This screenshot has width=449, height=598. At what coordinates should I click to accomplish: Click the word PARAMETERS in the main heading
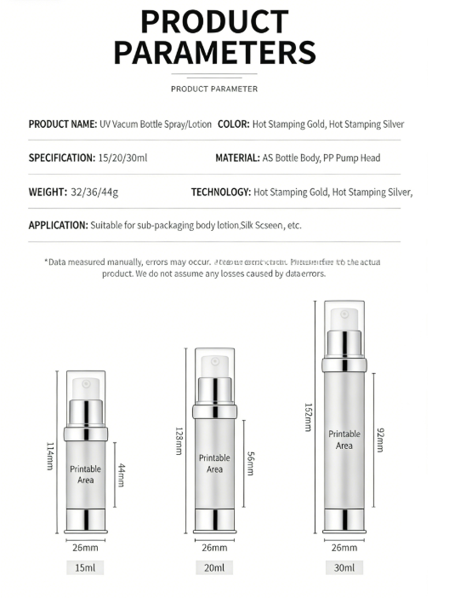click(214, 52)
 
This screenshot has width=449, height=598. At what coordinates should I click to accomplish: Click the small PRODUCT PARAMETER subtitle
click(214, 89)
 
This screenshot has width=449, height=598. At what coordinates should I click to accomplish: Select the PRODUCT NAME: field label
click(63, 124)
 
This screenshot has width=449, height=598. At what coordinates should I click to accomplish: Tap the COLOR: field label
click(233, 124)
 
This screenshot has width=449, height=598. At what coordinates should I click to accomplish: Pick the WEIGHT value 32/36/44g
click(95, 193)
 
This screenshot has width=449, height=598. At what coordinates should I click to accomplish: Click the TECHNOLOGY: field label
click(220, 193)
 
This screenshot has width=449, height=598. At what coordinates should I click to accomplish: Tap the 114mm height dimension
click(50, 459)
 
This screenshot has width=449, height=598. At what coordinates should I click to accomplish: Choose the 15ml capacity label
click(85, 567)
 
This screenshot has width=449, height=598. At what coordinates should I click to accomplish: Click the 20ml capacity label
click(214, 567)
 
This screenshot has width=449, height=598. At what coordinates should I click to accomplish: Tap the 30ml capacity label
click(344, 567)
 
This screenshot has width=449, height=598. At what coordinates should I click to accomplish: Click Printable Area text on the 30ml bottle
click(344, 440)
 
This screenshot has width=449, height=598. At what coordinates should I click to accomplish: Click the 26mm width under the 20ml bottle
click(214, 547)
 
